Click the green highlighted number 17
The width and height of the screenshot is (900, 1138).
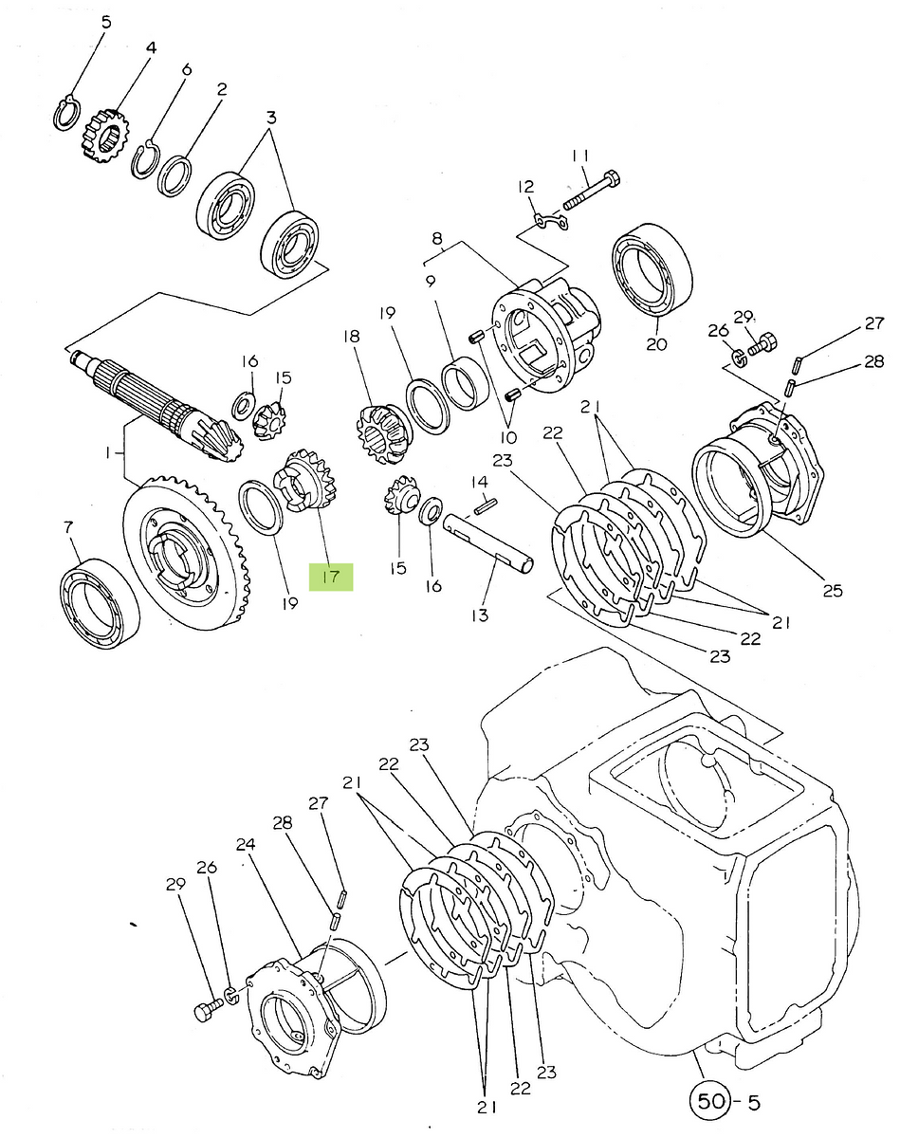pos(331,577)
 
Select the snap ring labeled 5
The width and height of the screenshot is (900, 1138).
pos(67,114)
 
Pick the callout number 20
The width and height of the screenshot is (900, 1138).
pos(657,344)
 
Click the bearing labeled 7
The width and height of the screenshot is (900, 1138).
pos(100,603)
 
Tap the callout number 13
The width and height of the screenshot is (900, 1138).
pos(480,615)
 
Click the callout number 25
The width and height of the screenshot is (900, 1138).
pos(833,590)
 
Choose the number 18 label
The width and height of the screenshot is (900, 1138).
pos(352,337)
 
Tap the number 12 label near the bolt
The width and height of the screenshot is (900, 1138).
pos(526,187)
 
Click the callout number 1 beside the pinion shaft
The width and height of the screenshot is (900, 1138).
pos(108,453)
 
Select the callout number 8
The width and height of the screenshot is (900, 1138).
pos(437,238)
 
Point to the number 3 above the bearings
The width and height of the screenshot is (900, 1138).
pos(271,117)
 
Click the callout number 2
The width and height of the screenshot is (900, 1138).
pos(222,89)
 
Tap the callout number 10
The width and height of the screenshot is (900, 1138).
pos(508,437)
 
